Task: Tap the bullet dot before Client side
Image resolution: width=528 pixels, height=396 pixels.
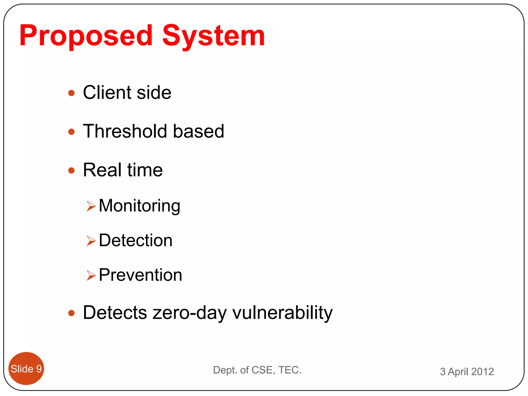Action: pyautogui.click(x=71, y=93)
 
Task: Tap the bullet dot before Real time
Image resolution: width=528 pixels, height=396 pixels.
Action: pyautogui.click(x=71, y=170)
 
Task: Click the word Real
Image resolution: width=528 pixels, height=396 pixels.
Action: pyautogui.click(x=102, y=170)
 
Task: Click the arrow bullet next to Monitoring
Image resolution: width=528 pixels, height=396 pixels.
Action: pyautogui.click(x=91, y=206)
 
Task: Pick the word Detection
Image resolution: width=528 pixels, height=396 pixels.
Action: pyautogui.click(x=136, y=240)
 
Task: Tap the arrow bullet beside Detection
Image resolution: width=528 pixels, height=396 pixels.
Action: pyautogui.click(x=91, y=241)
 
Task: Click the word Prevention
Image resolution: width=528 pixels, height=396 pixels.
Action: pyautogui.click(x=141, y=275)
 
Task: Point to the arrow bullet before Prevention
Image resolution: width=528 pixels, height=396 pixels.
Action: pyautogui.click(x=91, y=275)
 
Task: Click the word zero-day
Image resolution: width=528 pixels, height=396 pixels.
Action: pyautogui.click(x=189, y=313)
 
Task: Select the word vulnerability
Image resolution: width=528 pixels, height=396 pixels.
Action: pyautogui.click(x=283, y=313)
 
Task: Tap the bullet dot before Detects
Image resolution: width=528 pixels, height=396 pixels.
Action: pyautogui.click(x=71, y=313)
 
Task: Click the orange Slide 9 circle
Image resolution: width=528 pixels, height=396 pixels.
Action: pyautogui.click(x=26, y=369)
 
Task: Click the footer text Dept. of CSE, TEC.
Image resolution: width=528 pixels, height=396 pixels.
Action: pyautogui.click(x=257, y=370)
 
